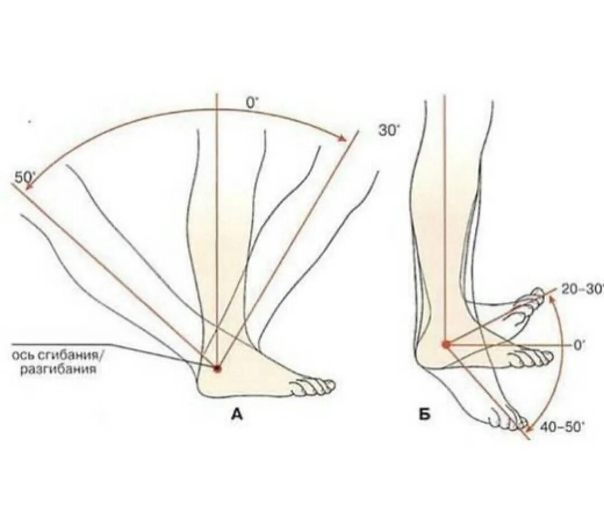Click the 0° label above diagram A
252,103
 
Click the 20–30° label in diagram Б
582,289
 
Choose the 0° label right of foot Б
579,345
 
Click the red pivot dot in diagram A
217,368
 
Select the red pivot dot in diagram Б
446,344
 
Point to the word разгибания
58,369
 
